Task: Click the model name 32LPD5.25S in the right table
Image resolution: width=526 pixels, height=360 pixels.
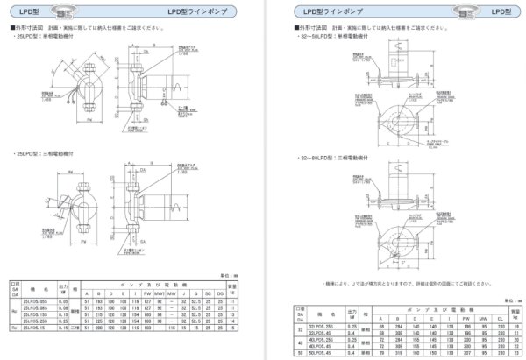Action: tap(322, 324)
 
